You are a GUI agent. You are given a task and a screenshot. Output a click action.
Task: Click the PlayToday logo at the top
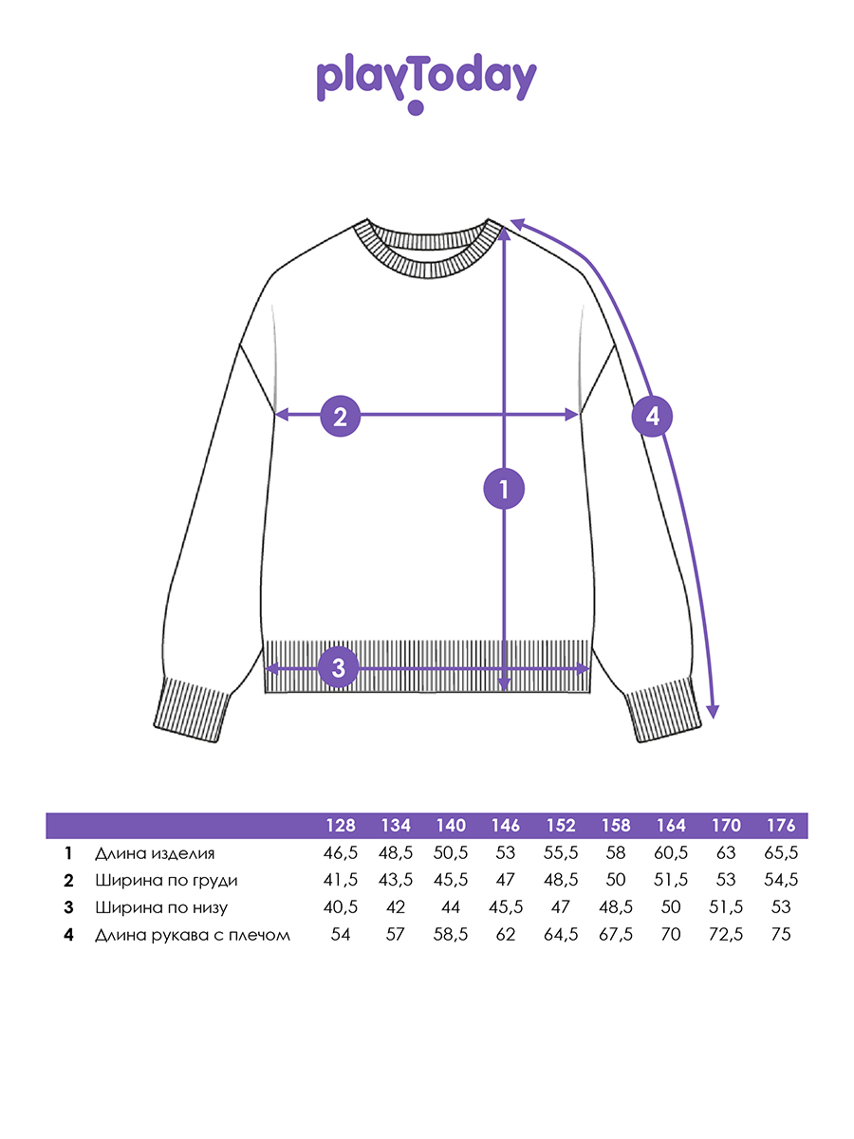click(x=426, y=83)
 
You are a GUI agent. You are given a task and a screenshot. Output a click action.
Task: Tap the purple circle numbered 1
click(x=504, y=489)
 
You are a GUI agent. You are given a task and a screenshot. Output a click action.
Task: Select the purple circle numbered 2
click(x=340, y=416)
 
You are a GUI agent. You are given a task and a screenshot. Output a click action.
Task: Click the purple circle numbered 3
click(x=338, y=667)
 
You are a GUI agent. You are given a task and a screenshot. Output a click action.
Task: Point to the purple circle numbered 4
click(x=652, y=416)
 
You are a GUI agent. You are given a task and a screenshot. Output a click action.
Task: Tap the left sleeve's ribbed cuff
click(x=192, y=709)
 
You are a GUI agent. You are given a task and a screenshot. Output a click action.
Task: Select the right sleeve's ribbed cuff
click(x=662, y=709)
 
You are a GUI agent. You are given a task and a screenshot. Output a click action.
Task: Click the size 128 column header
click(x=340, y=825)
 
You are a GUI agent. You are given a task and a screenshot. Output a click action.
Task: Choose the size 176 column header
click(x=781, y=825)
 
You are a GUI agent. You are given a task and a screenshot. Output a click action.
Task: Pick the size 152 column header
click(x=561, y=825)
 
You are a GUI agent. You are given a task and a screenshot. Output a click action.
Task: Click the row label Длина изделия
click(x=155, y=853)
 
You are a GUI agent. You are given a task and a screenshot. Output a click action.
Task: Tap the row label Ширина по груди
click(x=166, y=881)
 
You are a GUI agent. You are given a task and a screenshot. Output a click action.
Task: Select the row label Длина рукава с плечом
click(x=193, y=935)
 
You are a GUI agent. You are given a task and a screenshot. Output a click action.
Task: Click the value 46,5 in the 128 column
click(x=340, y=853)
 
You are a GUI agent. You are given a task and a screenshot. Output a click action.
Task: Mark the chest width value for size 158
click(x=616, y=880)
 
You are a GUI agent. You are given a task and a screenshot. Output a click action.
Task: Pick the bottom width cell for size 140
click(x=451, y=907)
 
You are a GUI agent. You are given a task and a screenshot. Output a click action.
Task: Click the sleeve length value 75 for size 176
click(x=781, y=935)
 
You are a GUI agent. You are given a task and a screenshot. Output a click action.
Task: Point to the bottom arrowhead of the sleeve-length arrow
click(x=714, y=714)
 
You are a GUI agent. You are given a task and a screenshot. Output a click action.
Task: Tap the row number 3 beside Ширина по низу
click(x=68, y=907)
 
